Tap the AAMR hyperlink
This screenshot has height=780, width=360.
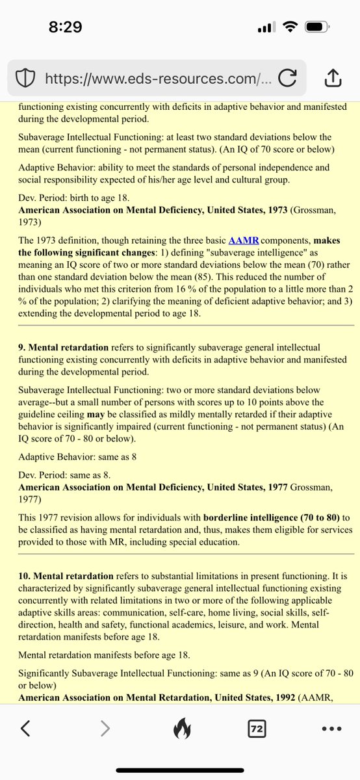pos(244,240)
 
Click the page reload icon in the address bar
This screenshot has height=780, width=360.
pos(286,79)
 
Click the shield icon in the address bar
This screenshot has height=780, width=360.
pos(24,79)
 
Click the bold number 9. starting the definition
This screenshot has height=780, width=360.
pos(23,348)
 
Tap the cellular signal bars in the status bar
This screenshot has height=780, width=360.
pos(266,27)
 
